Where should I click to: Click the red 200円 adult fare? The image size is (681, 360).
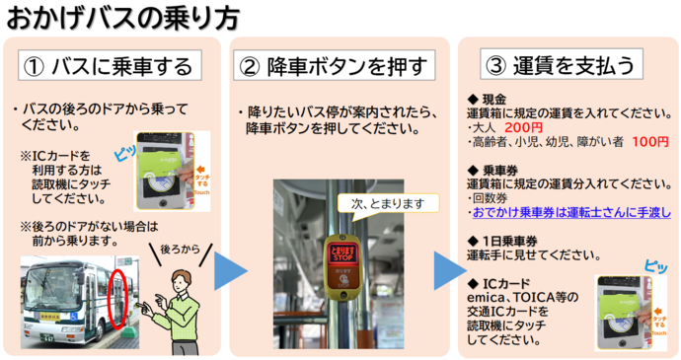pos(523,127)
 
